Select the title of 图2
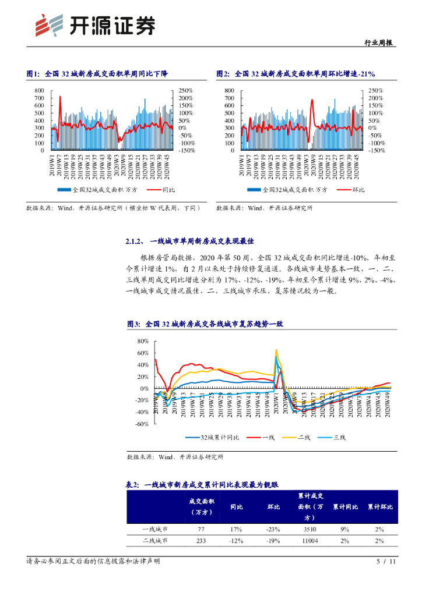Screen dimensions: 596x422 (296, 74)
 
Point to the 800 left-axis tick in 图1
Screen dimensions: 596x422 (39, 91)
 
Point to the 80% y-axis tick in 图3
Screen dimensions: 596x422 (143, 341)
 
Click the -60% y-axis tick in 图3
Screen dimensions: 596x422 (142, 424)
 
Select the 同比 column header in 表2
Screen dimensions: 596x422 (237, 506)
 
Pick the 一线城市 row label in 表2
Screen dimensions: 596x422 (155, 529)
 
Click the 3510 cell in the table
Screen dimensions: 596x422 (311, 529)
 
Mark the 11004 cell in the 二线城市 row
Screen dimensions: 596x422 (311, 541)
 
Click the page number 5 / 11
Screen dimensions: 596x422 (386, 562)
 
